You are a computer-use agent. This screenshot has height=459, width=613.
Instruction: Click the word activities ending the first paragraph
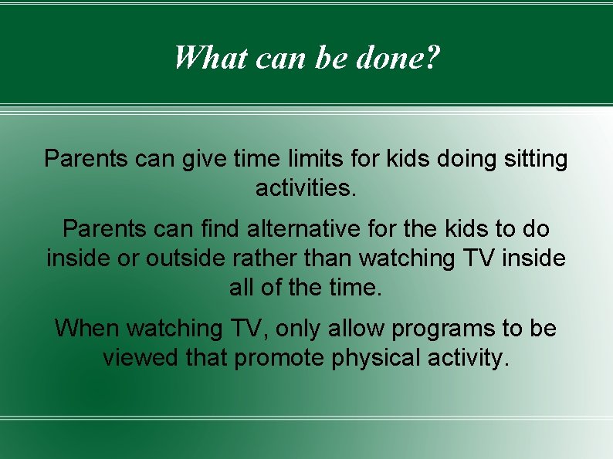tap(306, 188)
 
